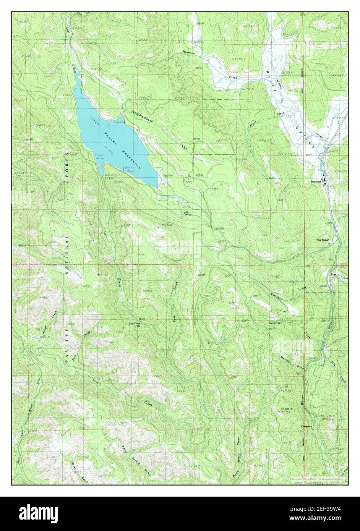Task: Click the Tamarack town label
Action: [x=316, y=181]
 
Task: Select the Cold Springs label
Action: [x=187, y=213]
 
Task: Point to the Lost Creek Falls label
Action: [x=135, y=325]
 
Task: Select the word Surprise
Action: [x=274, y=323]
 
